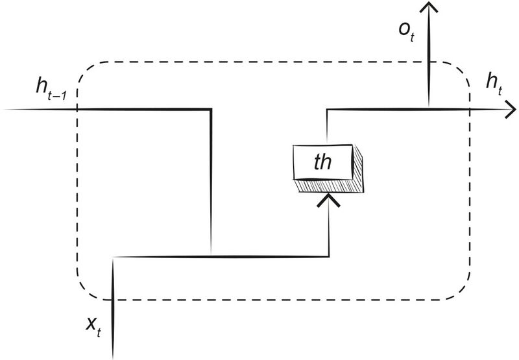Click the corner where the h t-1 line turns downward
coord(211,109)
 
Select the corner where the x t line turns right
coord(114,258)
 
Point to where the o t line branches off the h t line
coord(428,108)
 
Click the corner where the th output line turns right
coord(327,109)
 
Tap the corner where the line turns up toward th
coord(330,257)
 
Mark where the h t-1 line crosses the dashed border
coord(77,109)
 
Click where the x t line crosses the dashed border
coord(114,300)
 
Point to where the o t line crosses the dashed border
coord(428,62)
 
